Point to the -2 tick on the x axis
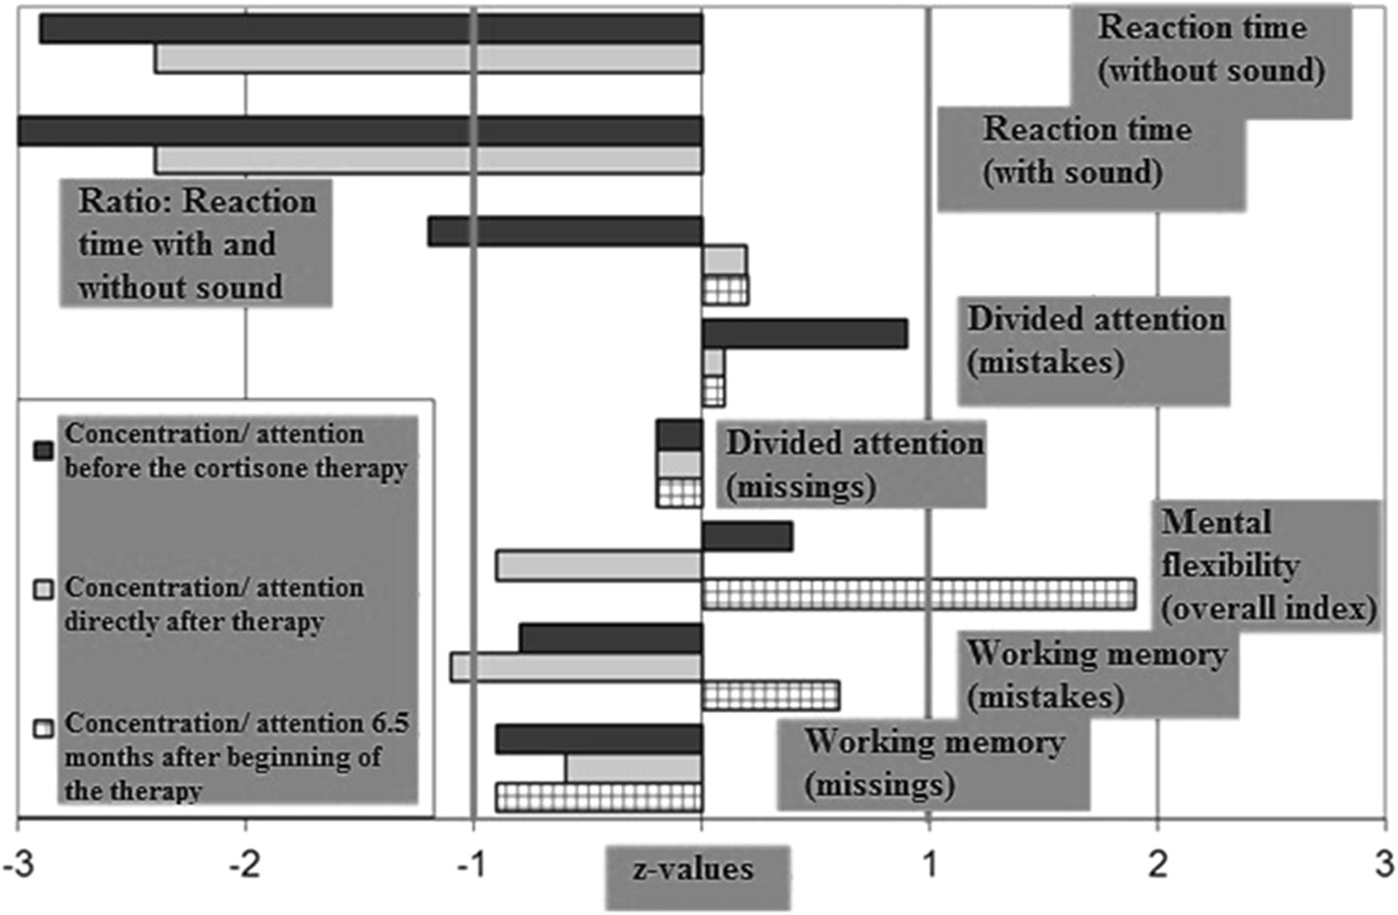(x=244, y=864)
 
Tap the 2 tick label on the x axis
(x=1157, y=864)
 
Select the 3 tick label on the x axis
(x=1384, y=864)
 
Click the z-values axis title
(x=694, y=870)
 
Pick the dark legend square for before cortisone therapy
(x=43, y=450)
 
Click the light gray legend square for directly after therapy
(x=43, y=589)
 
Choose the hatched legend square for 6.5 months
(x=43, y=729)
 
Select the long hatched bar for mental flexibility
(x=918, y=594)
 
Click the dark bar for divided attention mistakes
(x=803, y=334)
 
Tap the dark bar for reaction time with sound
(x=359, y=131)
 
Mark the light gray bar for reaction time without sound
(x=428, y=58)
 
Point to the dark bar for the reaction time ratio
(x=565, y=232)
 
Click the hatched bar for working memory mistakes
(x=770, y=695)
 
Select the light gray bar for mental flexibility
(x=599, y=565)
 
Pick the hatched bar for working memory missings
(x=599, y=797)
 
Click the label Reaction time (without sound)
(x=1211, y=49)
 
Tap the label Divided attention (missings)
(x=853, y=464)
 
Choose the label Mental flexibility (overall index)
(x=1267, y=565)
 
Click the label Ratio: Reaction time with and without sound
(x=196, y=243)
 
